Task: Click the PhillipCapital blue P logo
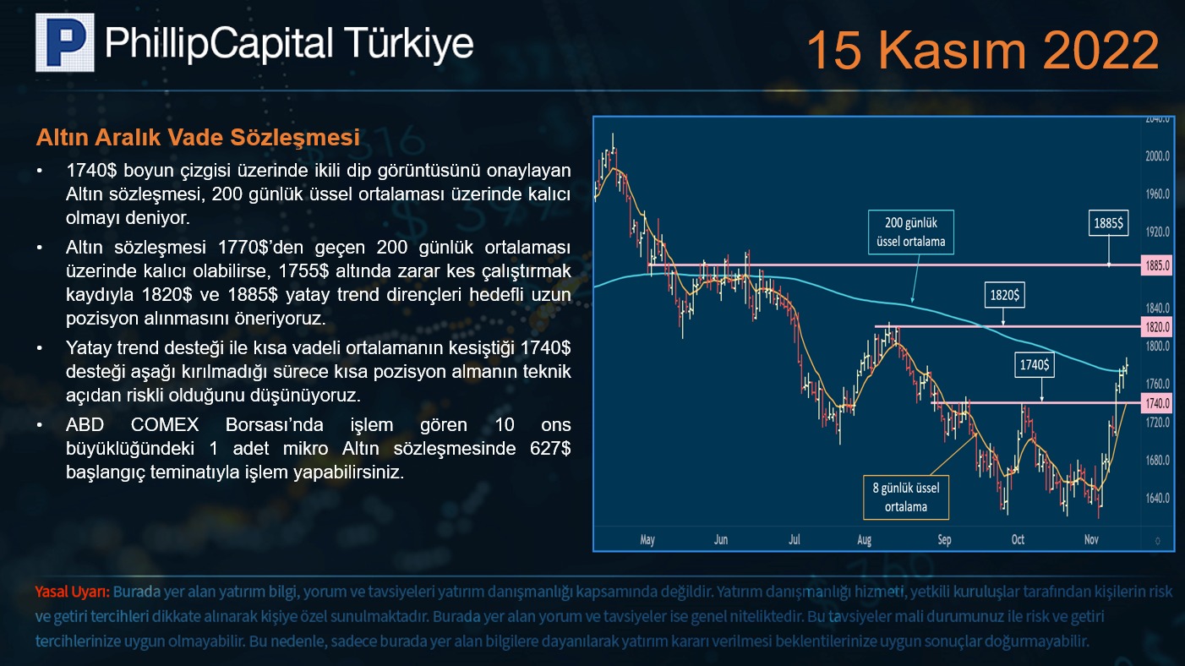click(x=64, y=42)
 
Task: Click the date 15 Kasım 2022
click(x=983, y=50)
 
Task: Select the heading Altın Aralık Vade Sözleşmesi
click(x=198, y=137)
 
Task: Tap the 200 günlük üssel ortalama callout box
click(x=911, y=232)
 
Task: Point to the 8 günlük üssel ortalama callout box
click(x=906, y=497)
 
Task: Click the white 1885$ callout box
click(x=1108, y=223)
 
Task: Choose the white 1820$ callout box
click(x=1005, y=295)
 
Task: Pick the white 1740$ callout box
click(x=1035, y=364)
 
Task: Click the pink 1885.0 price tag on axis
click(x=1157, y=265)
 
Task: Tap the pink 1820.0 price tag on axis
click(x=1157, y=327)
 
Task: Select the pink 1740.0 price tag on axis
click(x=1157, y=403)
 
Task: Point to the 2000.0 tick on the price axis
click(x=1157, y=156)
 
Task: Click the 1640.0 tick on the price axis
click(x=1157, y=499)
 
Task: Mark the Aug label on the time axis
click(x=864, y=539)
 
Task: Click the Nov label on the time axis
click(x=1091, y=539)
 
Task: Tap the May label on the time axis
click(x=647, y=539)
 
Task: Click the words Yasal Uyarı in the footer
click(x=73, y=592)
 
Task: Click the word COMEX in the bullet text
click(x=165, y=424)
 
